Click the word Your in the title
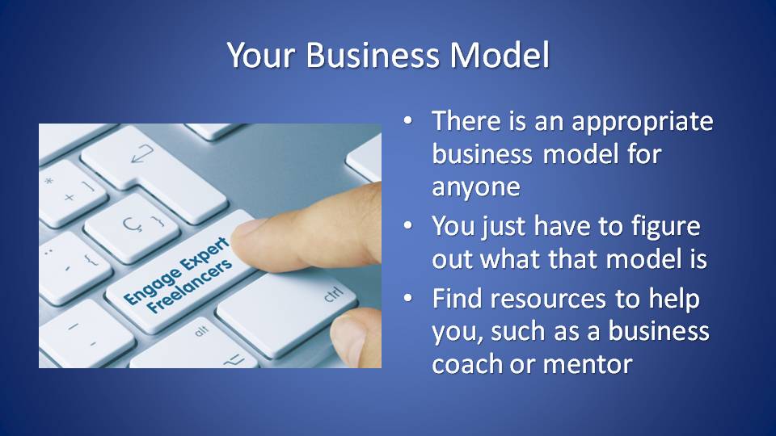(x=261, y=54)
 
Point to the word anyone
(x=476, y=187)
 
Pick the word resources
(x=548, y=300)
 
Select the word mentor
(x=588, y=365)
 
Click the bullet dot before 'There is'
(x=407, y=120)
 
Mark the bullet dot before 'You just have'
(x=407, y=225)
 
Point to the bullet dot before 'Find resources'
(x=407, y=298)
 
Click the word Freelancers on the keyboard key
(x=189, y=286)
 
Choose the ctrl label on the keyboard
(x=333, y=294)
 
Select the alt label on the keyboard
(x=201, y=331)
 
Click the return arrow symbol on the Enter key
(x=142, y=153)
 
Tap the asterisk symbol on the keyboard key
(x=48, y=181)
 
